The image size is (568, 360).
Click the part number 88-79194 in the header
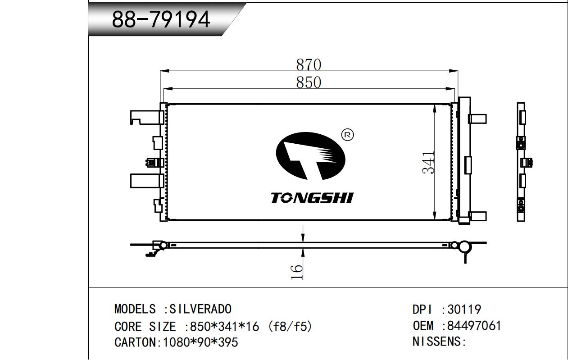point(161,19)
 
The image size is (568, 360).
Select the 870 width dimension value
point(309,65)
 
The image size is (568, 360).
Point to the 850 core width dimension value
point(309,82)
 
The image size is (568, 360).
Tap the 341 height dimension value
point(428,163)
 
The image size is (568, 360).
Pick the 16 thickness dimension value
point(297,272)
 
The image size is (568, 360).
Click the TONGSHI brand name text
point(312,198)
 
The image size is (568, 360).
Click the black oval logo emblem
point(310,156)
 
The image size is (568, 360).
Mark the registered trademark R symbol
point(348,135)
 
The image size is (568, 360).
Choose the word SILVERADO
point(200,309)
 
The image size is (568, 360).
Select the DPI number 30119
point(464,309)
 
